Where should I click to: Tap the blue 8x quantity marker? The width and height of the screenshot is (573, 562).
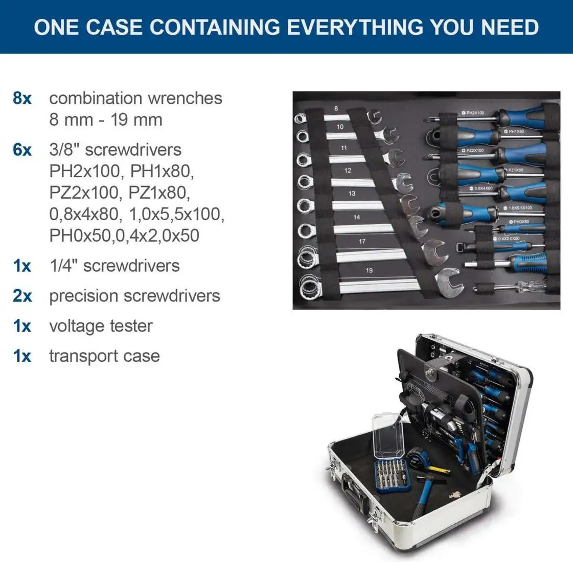click(x=22, y=98)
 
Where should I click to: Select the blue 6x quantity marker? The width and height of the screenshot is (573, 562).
click(x=22, y=150)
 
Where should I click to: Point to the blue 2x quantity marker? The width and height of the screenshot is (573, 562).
click(x=22, y=296)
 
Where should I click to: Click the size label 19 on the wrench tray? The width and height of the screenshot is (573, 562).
click(x=369, y=270)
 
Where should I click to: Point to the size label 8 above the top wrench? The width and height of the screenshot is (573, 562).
click(x=336, y=108)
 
